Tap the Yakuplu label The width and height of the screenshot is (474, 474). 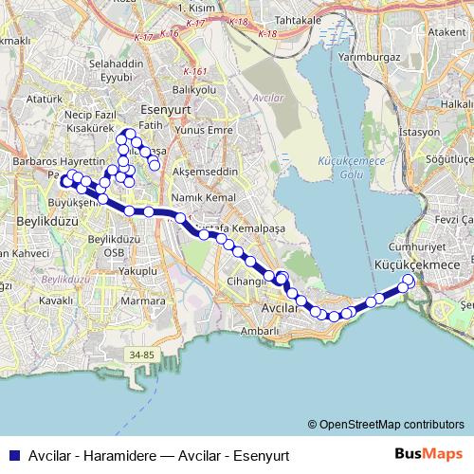[136, 270]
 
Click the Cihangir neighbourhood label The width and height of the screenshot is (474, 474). [244, 282]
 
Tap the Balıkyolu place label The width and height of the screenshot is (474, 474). [198, 89]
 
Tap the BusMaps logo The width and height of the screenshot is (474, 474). [434, 453]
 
